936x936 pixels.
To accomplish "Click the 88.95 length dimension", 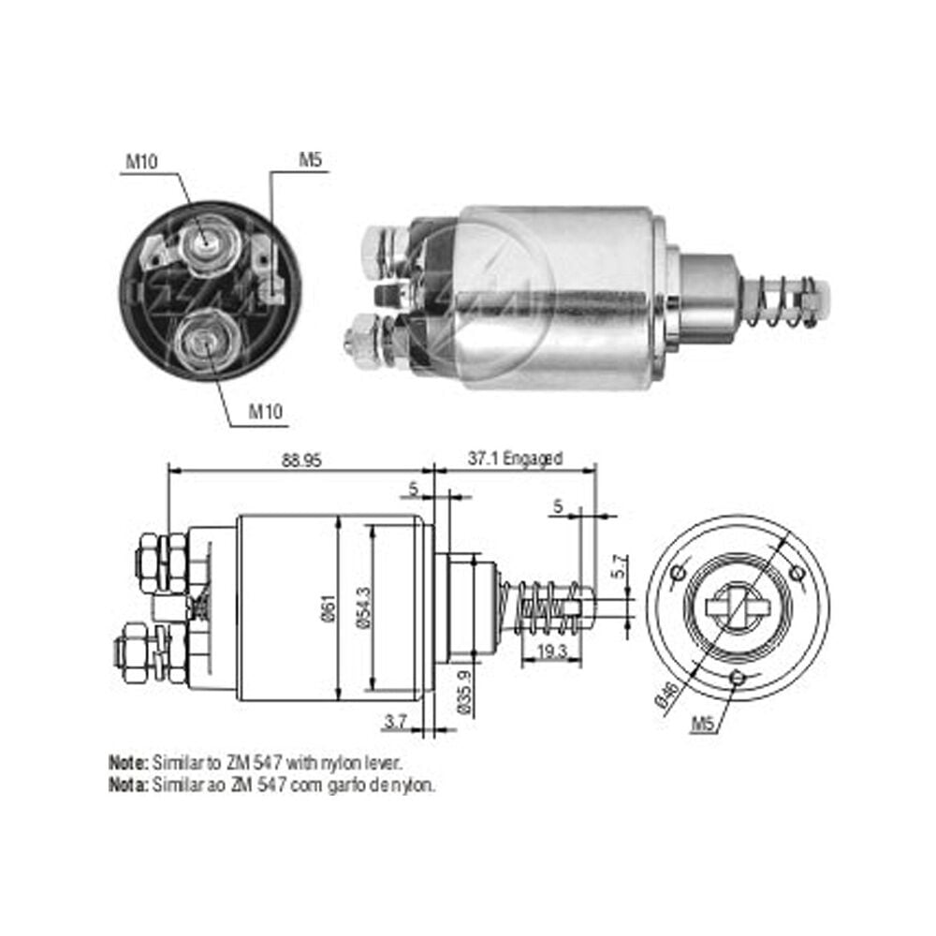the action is (x=301, y=460).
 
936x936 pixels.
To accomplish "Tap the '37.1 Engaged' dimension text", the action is (x=515, y=459).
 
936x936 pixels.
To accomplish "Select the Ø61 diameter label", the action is (x=329, y=609).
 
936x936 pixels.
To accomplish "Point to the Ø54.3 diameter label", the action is (x=363, y=607).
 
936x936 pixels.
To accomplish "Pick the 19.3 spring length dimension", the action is (x=551, y=651).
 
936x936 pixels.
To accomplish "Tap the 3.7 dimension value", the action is (x=395, y=722).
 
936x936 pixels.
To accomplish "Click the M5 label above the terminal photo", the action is (x=311, y=160).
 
